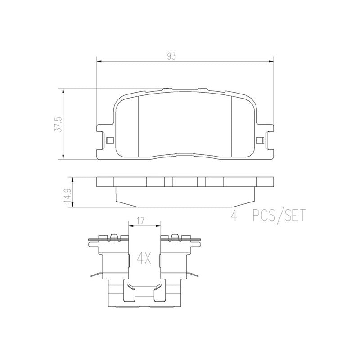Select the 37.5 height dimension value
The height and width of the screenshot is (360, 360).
click(57, 123)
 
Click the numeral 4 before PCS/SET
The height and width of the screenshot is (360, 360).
click(234, 216)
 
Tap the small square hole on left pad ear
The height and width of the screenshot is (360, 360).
click(108, 140)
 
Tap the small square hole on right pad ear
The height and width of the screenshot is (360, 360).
click(260, 140)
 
